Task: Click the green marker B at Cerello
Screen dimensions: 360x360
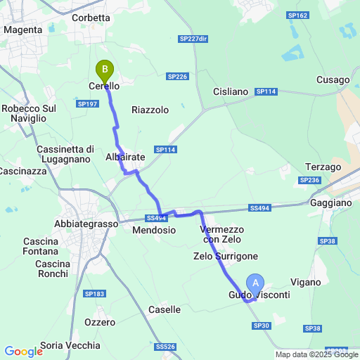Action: pyautogui.click(x=105, y=70)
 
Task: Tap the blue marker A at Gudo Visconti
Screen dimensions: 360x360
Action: pyautogui.click(x=257, y=283)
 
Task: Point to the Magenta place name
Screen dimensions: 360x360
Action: pyautogui.click(x=23, y=30)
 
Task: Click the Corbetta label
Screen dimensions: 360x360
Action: pyautogui.click(x=91, y=18)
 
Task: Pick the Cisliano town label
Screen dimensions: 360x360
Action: pyautogui.click(x=231, y=91)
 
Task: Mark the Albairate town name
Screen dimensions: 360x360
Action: pyautogui.click(x=124, y=157)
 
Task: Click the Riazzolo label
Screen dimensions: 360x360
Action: pyautogui.click(x=150, y=110)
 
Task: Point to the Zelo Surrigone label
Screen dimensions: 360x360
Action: pyautogui.click(x=226, y=256)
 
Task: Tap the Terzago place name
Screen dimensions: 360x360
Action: pyautogui.click(x=323, y=167)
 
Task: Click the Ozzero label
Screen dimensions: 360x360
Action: pyautogui.click(x=99, y=322)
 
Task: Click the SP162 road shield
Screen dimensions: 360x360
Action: pyautogui.click(x=297, y=15)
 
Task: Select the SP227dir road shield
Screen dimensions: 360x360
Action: pyautogui.click(x=193, y=39)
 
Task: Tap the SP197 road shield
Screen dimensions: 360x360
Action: pyautogui.click(x=87, y=103)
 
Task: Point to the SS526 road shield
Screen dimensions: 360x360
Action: pyautogui.click(x=165, y=347)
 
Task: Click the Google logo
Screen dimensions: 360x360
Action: pyautogui.click(x=24, y=352)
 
